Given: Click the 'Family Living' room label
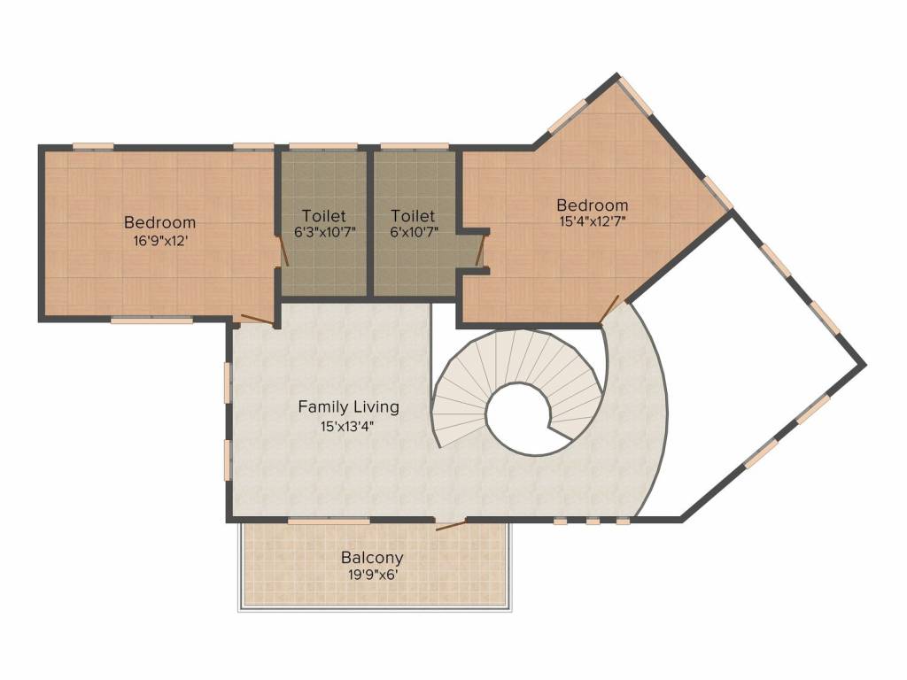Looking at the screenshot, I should [x=348, y=407].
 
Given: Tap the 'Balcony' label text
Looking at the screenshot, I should [x=372, y=558].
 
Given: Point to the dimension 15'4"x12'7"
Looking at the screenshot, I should [x=593, y=222].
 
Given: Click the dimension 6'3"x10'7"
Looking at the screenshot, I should [x=323, y=233].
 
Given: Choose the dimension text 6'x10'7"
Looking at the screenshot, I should [x=413, y=233].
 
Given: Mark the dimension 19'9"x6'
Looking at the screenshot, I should [x=372, y=575].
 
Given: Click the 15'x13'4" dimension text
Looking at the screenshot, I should [x=348, y=426].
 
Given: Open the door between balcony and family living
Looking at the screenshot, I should [x=451, y=525].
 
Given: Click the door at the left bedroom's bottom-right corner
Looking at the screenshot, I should [x=258, y=321].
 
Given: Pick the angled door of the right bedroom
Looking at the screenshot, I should [x=609, y=310].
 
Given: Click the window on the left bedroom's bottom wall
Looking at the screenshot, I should [x=151, y=321].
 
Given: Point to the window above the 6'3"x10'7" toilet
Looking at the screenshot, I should [x=323, y=146].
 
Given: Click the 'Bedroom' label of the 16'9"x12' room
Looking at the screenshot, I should [x=159, y=222].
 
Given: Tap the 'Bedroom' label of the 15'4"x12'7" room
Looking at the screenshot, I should [x=593, y=205].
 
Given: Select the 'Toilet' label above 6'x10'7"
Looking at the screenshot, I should [x=413, y=216].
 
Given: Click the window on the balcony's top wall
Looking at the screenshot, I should [x=329, y=522].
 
